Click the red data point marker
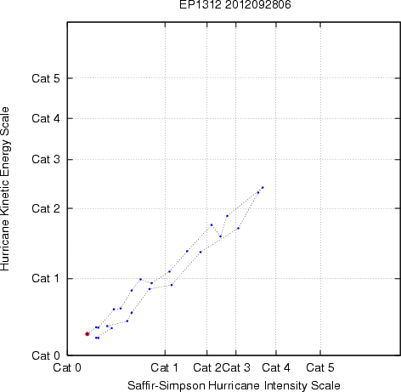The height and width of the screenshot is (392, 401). pos(88,334)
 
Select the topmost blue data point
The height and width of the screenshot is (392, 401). pos(263,187)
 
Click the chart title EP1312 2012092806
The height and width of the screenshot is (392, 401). pos(235,4)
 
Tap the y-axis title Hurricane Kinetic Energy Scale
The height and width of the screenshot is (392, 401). pos(5,189)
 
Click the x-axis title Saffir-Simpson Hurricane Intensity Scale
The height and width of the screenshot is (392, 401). pos(234,385)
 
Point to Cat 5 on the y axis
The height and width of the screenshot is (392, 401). pos(46,78)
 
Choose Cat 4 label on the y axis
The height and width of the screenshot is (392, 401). pos(46,118)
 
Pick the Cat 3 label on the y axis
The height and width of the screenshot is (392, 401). pos(46,159)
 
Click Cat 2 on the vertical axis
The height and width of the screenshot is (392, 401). pos(46,208)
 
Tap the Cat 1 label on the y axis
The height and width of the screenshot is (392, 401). pos(46,278)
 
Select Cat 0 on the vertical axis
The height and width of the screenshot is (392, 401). pos(46,355)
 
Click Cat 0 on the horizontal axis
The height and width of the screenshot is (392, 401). pos(67,367)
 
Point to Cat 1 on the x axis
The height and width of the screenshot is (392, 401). pos(165,367)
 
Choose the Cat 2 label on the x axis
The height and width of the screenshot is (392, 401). pos(207,367)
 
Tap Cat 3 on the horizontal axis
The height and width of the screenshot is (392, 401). pos(236,367)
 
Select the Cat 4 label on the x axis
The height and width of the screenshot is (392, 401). pos(276,367)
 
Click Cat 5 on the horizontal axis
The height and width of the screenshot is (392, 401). pos(320,367)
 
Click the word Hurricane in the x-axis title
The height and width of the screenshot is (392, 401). pos(234,385)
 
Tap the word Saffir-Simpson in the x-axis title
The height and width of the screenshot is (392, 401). pos(167,386)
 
